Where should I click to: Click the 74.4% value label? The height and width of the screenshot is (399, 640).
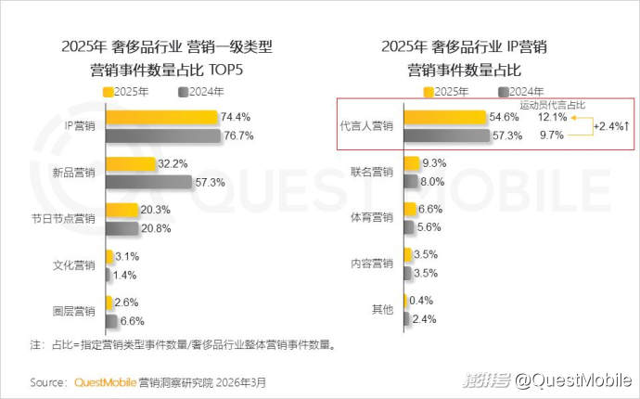click(x=236, y=117)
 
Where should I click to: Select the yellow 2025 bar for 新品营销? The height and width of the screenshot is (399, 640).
click(x=131, y=164)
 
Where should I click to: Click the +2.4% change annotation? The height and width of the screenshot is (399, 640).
click(x=612, y=126)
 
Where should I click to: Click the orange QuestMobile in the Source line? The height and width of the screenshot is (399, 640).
click(x=104, y=381)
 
